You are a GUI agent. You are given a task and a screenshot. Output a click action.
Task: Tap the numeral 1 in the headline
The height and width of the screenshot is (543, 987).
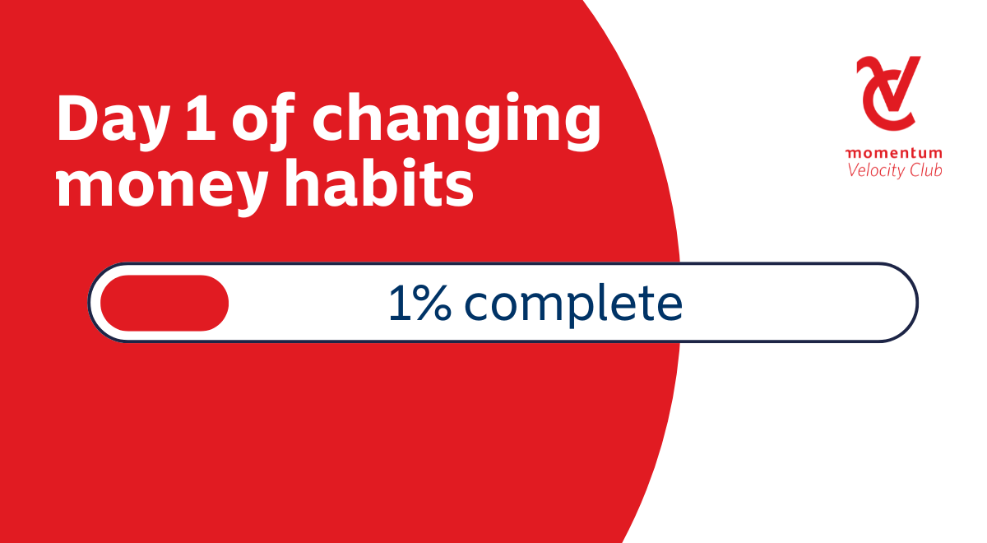pyautogui.click(x=201, y=118)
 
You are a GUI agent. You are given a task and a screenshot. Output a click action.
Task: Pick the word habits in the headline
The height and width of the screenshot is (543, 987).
pyautogui.click(x=379, y=182)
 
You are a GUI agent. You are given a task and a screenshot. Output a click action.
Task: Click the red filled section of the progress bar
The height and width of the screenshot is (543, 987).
pyautogui.click(x=164, y=303)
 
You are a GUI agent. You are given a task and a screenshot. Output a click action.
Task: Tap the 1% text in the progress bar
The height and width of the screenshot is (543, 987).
pyautogui.click(x=420, y=304)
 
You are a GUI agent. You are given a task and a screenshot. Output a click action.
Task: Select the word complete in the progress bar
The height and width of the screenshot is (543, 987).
pyautogui.click(x=573, y=305)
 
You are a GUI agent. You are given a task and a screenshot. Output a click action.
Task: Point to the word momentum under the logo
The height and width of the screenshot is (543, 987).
pyautogui.click(x=893, y=153)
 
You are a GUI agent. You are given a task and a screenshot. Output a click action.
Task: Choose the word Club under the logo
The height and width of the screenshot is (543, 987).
pyautogui.click(x=926, y=170)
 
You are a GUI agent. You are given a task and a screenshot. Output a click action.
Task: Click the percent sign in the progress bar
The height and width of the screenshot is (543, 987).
pyautogui.click(x=433, y=304)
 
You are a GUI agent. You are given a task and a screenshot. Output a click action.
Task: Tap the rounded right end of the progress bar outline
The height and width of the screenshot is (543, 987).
pyautogui.click(x=917, y=303)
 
